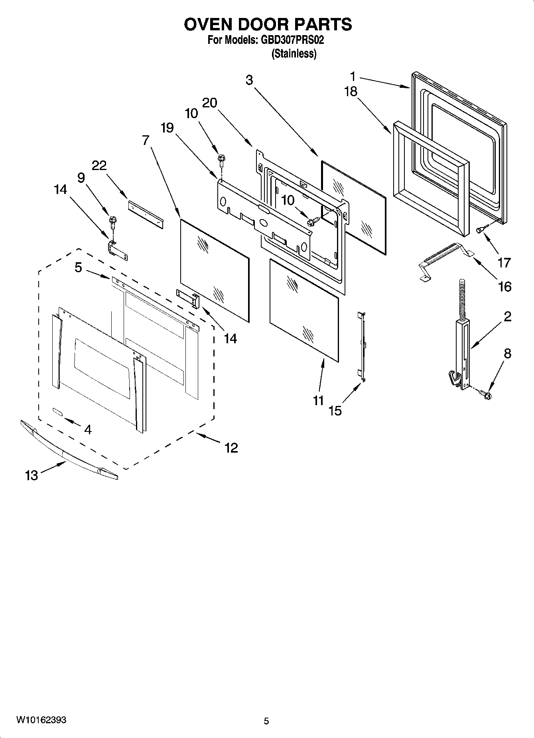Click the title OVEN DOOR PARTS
[x=268, y=24]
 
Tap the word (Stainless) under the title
[x=294, y=54]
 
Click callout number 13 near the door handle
[x=32, y=475]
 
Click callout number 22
[x=99, y=165]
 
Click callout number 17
[x=504, y=262]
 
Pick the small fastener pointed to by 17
[x=481, y=229]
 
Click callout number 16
[x=504, y=286]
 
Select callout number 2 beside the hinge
[x=507, y=317]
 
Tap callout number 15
[x=335, y=411]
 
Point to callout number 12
[x=231, y=447]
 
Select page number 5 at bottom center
[x=266, y=721]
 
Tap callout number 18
[x=351, y=91]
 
